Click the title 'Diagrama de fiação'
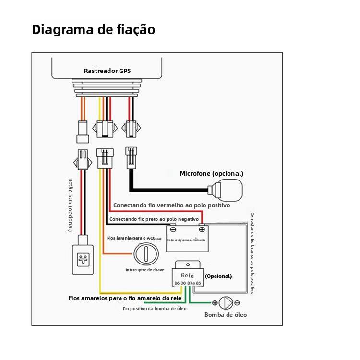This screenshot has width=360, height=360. click(x=93, y=30)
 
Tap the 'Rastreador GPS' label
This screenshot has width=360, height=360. click(x=107, y=71)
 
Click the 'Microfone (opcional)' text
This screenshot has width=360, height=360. click(x=211, y=173)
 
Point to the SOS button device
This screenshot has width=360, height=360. click(x=82, y=260)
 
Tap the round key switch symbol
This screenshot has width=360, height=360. click(x=145, y=253)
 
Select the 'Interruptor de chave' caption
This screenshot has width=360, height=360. click(x=144, y=270)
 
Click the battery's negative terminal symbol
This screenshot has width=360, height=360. click(x=173, y=229)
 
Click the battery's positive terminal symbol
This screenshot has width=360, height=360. click(x=202, y=229)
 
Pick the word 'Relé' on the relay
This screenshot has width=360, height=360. click(x=187, y=276)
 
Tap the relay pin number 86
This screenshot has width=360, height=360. click(x=177, y=283)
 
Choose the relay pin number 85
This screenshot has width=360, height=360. click(x=198, y=283)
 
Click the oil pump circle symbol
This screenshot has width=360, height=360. click(x=226, y=303)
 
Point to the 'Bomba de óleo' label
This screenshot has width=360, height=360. click(x=226, y=315)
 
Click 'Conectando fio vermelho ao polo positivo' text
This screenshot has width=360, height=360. click(x=171, y=205)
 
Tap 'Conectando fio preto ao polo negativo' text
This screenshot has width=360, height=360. click(x=154, y=219)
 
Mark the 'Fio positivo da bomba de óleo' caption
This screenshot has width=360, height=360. click(x=155, y=309)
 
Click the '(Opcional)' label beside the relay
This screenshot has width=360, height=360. click(x=218, y=276)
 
